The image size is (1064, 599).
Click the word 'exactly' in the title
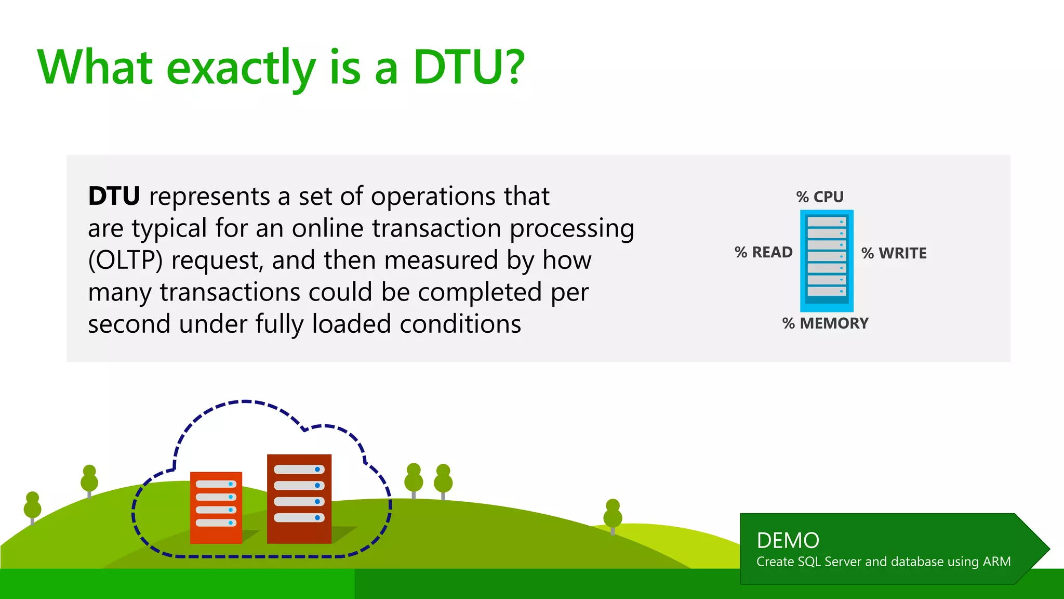(241, 69)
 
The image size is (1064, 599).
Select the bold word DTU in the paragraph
(114, 197)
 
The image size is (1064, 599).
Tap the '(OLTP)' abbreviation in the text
(125, 260)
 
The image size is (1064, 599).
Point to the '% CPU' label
(820, 197)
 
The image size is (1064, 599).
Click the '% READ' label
(763, 253)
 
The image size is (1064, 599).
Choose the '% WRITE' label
(894, 253)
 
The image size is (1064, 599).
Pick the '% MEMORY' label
(825, 323)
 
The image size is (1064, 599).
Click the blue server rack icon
(827, 260)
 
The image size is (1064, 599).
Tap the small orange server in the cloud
(216, 507)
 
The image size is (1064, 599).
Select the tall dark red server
(299, 498)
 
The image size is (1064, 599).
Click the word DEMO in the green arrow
(788, 541)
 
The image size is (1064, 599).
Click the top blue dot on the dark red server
(317, 470)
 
